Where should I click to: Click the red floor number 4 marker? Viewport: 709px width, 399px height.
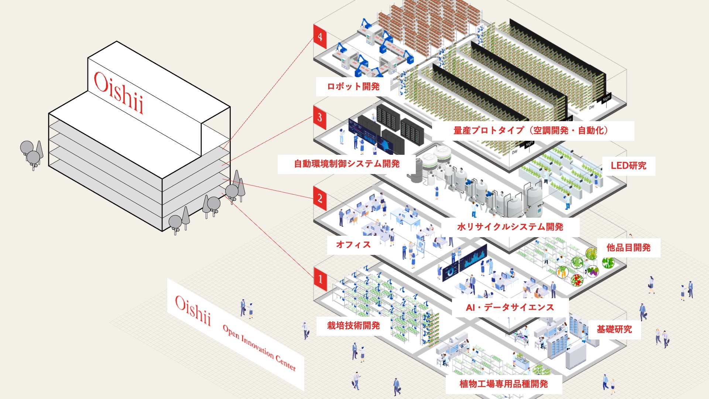(x=320, y=36)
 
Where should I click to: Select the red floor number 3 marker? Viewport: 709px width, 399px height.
(x=320, y=117)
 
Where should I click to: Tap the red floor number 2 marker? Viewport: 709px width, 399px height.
(x=320, y=198)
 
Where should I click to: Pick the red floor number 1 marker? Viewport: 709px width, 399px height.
(x=320, y=279)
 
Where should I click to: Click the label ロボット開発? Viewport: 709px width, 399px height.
(x=353, y=86)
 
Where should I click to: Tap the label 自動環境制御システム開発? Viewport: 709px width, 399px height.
(x=347, y=164)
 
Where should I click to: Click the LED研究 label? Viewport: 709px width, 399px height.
(x=628, y=166)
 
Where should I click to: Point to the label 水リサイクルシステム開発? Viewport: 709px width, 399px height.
(x=510, y=227)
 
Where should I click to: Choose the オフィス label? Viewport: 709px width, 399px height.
(x=353, y=245)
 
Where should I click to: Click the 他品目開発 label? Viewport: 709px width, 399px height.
(x=628, y=248)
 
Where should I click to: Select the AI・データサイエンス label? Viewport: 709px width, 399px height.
(x=510, y=307)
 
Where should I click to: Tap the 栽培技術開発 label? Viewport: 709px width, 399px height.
(x=353, y=325)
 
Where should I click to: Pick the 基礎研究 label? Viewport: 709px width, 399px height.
(x=614, y=329)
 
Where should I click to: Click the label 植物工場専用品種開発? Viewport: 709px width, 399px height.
(x=504, y=384)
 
